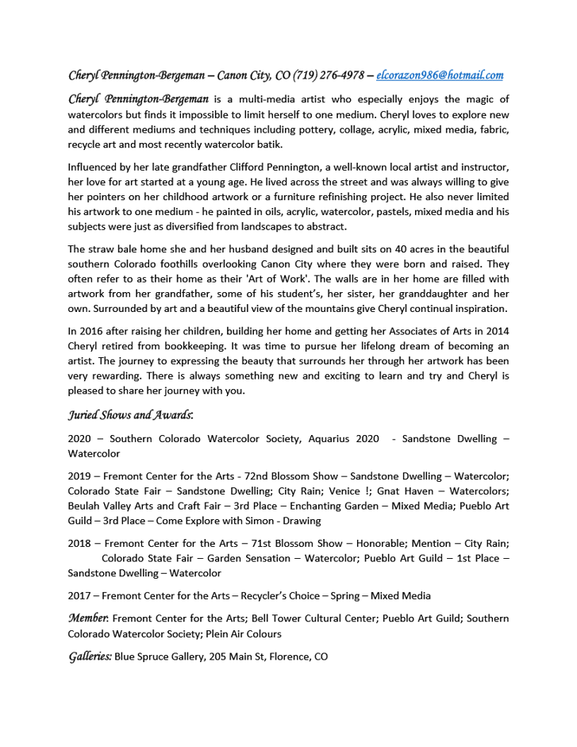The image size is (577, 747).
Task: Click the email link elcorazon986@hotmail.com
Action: click(x=439, y=75)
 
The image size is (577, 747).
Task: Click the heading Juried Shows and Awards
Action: click(x=131, y=414)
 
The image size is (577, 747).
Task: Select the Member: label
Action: click(x=89, y=618)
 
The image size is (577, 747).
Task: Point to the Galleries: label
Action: click(x=90, y=657)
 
